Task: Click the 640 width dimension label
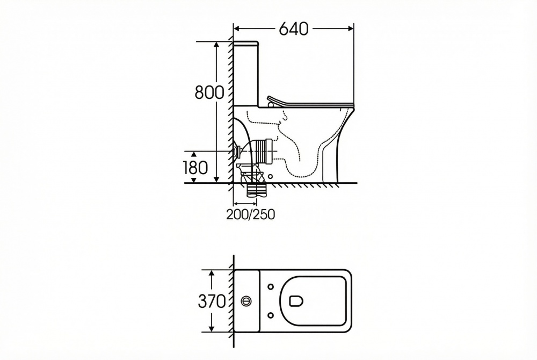pyautogui.click(x=294, y=29)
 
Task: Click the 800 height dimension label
pyautogui.click(x=209, y=92)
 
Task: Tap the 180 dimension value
pyautogui.click(x=195, y=168)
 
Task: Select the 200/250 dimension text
pyautogui.click(x=251, y=214)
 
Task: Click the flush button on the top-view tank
pyautogui.click(x=246, y=301)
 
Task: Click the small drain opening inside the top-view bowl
pyautogui.click(x=296, y=301)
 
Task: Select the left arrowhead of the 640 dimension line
pyautogui.click(x=237, y=29)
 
